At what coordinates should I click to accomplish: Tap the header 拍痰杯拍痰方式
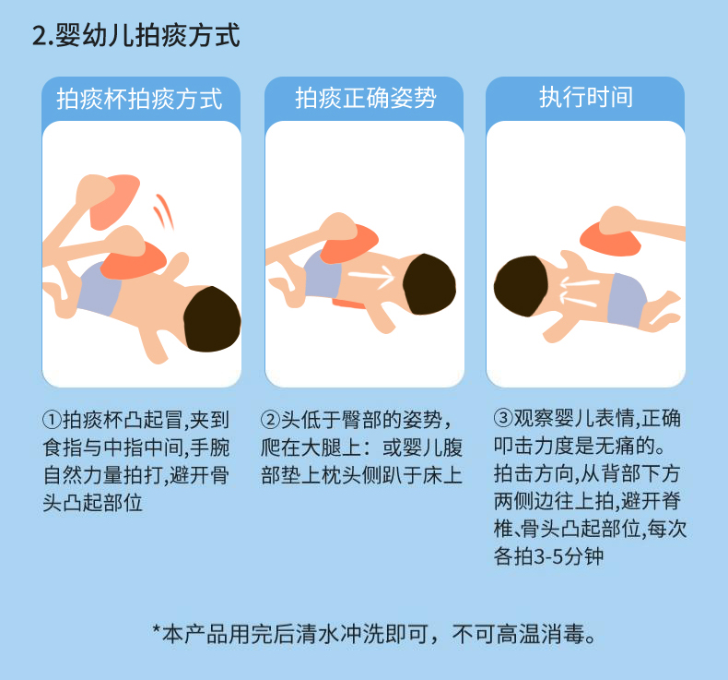pos(140,99)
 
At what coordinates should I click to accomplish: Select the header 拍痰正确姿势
pos(365,99)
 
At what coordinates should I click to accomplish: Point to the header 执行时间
pos(586,99)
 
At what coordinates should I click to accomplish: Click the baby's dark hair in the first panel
pos(212,318)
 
